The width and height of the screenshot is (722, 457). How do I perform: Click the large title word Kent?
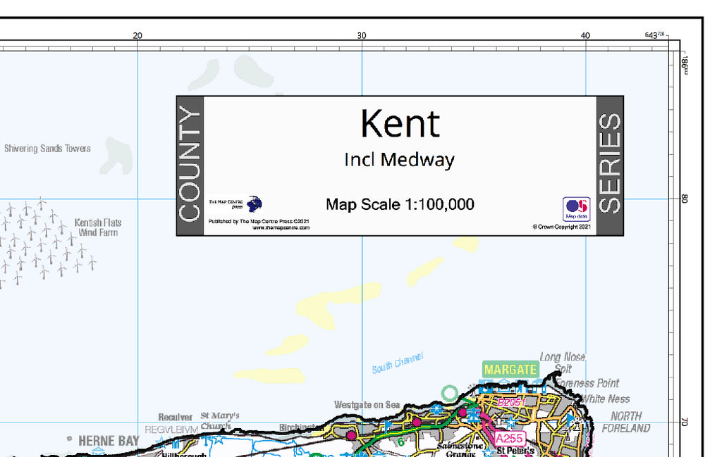coord(400,124)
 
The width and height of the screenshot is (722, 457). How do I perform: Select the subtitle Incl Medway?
coord(399,160)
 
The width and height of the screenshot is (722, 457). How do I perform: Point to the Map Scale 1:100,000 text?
coord(400,205)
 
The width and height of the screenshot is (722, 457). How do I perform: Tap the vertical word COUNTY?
coord(190,165)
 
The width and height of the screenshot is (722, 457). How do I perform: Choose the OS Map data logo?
coord(576,208)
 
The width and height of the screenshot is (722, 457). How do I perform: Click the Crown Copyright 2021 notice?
coord(561,227)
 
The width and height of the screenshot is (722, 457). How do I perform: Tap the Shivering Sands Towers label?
coord(47,149)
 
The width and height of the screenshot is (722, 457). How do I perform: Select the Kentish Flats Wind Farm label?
coord(98,227)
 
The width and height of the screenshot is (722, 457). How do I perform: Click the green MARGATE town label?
coord(510,370)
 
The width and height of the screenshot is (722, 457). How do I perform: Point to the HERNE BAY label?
coord(109,441)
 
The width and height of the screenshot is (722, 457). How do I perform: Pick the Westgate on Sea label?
coord(367,405)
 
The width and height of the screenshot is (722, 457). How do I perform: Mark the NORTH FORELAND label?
coord(626,422)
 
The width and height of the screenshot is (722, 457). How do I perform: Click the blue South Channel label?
coord(398,363)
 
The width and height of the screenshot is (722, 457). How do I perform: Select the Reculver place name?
coord(176,418)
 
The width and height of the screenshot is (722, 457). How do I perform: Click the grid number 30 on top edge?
coord(362,36)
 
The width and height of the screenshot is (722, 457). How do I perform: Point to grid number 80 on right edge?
coord(683,199)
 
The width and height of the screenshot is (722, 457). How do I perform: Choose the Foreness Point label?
coord(591,383)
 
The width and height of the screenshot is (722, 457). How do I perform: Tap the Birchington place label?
coord(301,427)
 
